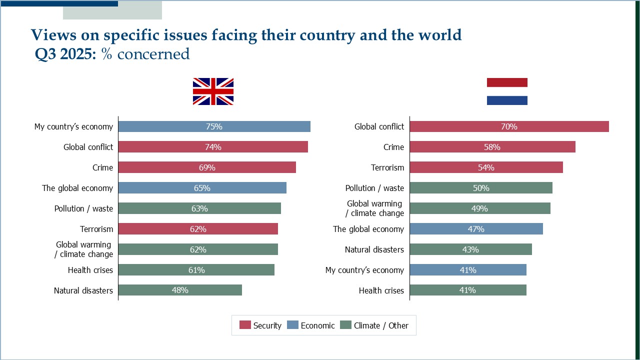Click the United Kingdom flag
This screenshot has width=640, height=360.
click(x=213, y=91)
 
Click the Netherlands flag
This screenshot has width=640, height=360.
click(x=507, y=91)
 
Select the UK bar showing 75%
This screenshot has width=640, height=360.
click(x=214, y=126)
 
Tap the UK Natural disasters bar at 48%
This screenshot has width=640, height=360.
click(x=180, y=290)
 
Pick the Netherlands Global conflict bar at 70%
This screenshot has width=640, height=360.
click(x=509, y=126)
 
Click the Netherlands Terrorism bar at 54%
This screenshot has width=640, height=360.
click(x=486, y=167)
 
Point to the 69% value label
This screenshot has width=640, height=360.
click(x=207, y=167)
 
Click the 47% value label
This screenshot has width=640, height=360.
click(x=476, y=229)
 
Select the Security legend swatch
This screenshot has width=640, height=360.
click(x=245, y=325)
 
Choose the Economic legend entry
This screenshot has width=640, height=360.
click(x=317, y=325)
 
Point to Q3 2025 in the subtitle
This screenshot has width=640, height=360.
click(x=65, y=54)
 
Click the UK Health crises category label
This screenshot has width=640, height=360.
click(x=90, y=270)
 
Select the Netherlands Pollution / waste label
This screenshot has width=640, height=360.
click(x=374, y=188)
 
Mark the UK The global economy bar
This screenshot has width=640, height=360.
click(x=202, y=188)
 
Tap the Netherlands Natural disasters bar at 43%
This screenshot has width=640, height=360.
click(x=470, y=249)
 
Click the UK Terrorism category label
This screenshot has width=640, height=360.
click(x=96, y=229)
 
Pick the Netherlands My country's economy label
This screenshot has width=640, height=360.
click(x=364, y=270)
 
